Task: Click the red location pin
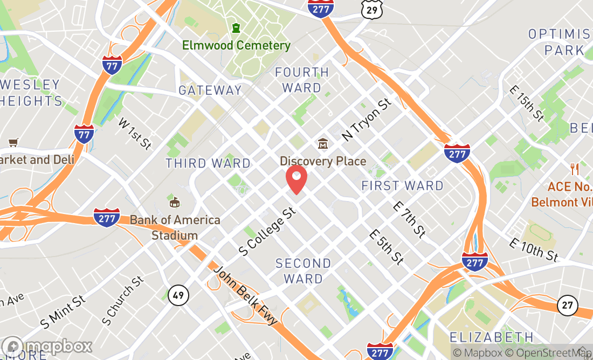pyautogui.click(x=296, y=179)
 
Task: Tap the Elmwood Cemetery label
pyautogui.click(x=236, y=45)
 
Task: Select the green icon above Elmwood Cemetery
pyautogui.click(x=236, y=27)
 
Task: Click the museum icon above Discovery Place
pyautogui.click(x=323, y=144)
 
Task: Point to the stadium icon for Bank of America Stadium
pyautogui.click(x=174, y=202)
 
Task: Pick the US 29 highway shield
pyautogui.click(x=373, y=10)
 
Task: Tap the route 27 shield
pyautogui.click(x=567, y=305)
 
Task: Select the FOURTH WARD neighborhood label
pyautogui.click(x=302, y=80)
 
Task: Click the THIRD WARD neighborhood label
pyautogui.click(x=208, y=163)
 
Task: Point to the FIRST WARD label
pyautogui.click(x=403, y=186)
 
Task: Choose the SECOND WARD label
pyautogui.click(x=303, y=271)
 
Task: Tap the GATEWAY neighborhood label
pyautogui.click(x=210, y=90)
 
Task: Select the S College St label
pyautogui.click(x=268, y=232)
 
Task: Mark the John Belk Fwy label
pyautogui.click(x=245, y=295)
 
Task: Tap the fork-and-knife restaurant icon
pyautogui.click(x=575, y=169)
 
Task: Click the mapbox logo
pyautogui.click(x=47, y=346)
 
